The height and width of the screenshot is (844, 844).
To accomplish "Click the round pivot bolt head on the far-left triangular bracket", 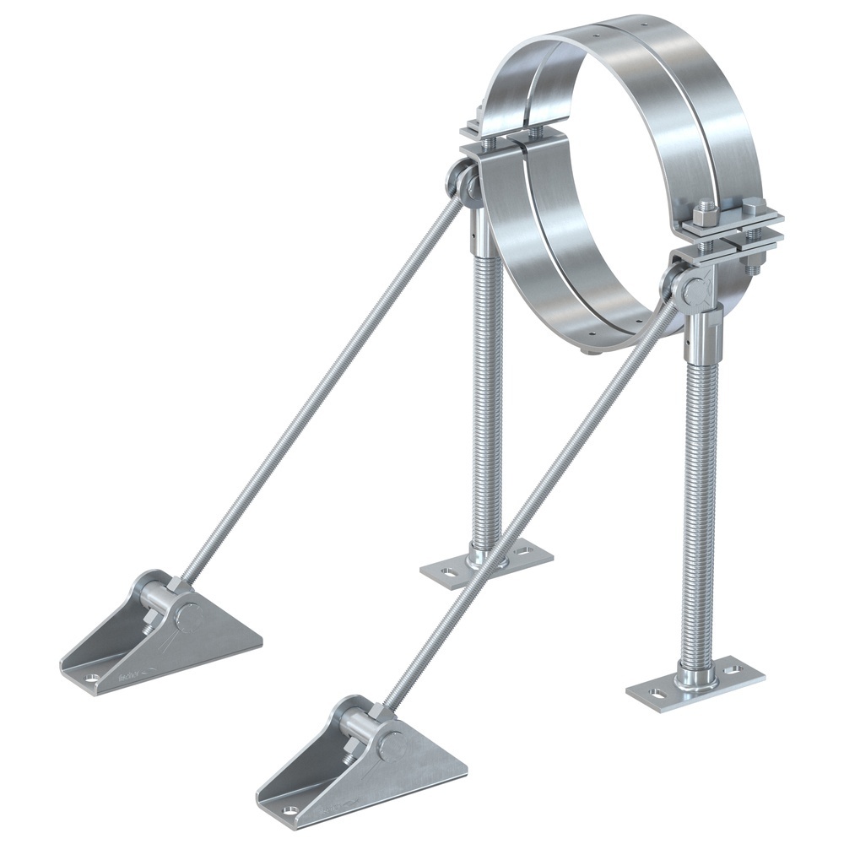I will [192, 616].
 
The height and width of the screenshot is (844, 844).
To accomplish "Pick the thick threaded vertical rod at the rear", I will [488, 380].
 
